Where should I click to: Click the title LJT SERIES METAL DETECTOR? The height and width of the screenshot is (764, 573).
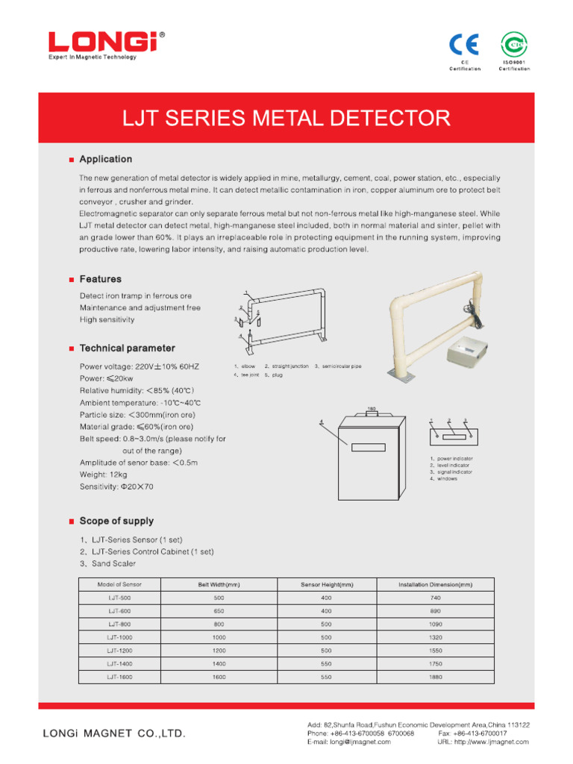[286, 118]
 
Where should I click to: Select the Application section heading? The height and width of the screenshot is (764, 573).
[105, 159]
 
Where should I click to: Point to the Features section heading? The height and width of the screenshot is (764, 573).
[100, 279]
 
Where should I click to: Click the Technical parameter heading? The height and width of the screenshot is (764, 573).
[127, 348]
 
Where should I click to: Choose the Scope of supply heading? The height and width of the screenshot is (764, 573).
[116, 521]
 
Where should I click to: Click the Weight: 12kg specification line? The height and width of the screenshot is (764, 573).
[103, 475]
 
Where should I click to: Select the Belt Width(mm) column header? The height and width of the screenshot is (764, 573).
[219, 584]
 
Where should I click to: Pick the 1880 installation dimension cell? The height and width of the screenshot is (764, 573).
[436, 677]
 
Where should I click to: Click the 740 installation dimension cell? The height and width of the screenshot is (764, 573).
[436, 598]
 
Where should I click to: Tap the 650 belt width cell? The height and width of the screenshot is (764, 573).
[219, 611]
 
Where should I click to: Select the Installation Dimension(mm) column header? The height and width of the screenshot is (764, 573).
[436, 584]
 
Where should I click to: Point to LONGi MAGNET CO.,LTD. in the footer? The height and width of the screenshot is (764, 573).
[113, 734]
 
